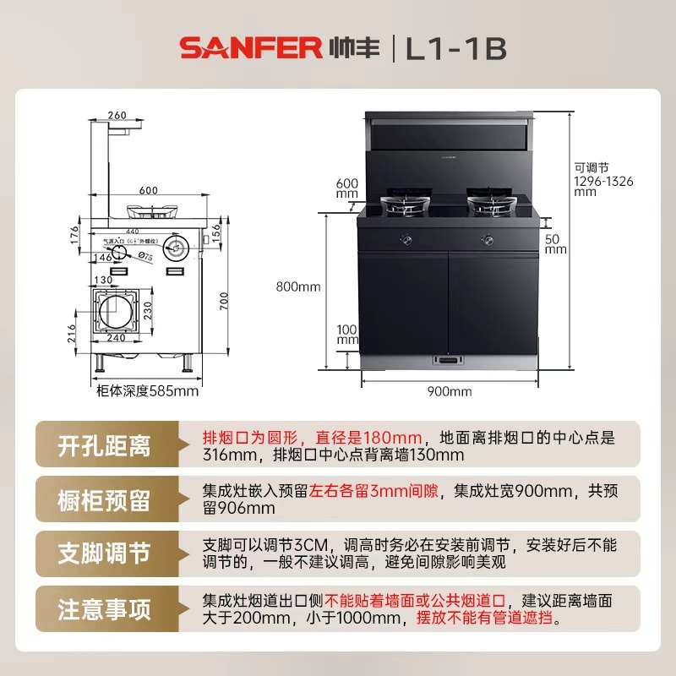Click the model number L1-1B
tap(455, 47)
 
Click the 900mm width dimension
tap(449, 390)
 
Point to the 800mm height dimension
tap(298, 286)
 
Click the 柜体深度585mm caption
tap(148, 390)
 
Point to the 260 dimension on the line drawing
tap(117, 116)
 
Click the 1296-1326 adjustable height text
tap(603, 180)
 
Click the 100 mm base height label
tap(347, 334)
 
